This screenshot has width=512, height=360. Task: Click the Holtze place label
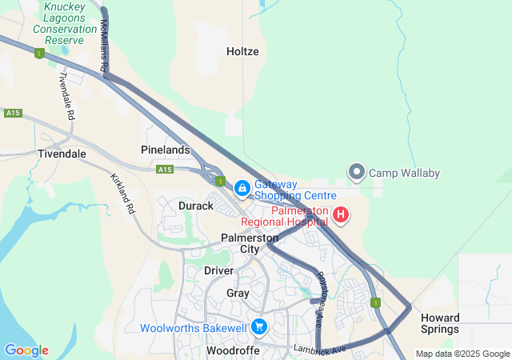(x=242, y=51)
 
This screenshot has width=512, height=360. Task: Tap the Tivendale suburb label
(x=62, y=154)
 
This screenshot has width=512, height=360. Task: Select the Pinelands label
(x=166, y=150)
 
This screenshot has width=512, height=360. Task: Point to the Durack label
(x=196, y=206)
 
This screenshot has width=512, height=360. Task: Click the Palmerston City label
(x=250, y=243)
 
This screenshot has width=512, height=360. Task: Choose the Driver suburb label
(x=218, y=270)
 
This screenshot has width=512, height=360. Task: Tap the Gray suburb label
(x=238, y=293)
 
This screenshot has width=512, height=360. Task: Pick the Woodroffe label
(x=231, y=350)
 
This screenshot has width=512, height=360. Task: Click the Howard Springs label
(x=440, y=323)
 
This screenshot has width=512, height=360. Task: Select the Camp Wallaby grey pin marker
(x=357, y=172)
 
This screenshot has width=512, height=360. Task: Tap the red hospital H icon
(x=341, y=214)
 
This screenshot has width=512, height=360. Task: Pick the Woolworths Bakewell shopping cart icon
(x=258, y=327)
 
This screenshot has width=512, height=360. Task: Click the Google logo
(x=26, y=350)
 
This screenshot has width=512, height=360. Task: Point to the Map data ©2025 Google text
(x=462, y=354)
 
